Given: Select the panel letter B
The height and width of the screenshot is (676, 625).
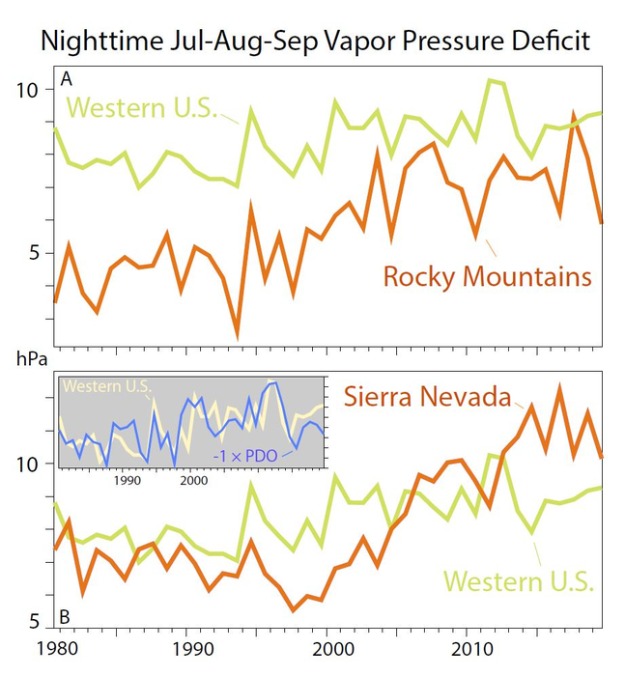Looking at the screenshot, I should click(66, 616).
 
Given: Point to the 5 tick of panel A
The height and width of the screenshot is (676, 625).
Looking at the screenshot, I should click(32, 253).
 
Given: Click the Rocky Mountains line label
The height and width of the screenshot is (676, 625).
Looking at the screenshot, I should click(487, 277).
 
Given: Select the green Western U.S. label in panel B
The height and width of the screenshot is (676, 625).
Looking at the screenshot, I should click(519, 581).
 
